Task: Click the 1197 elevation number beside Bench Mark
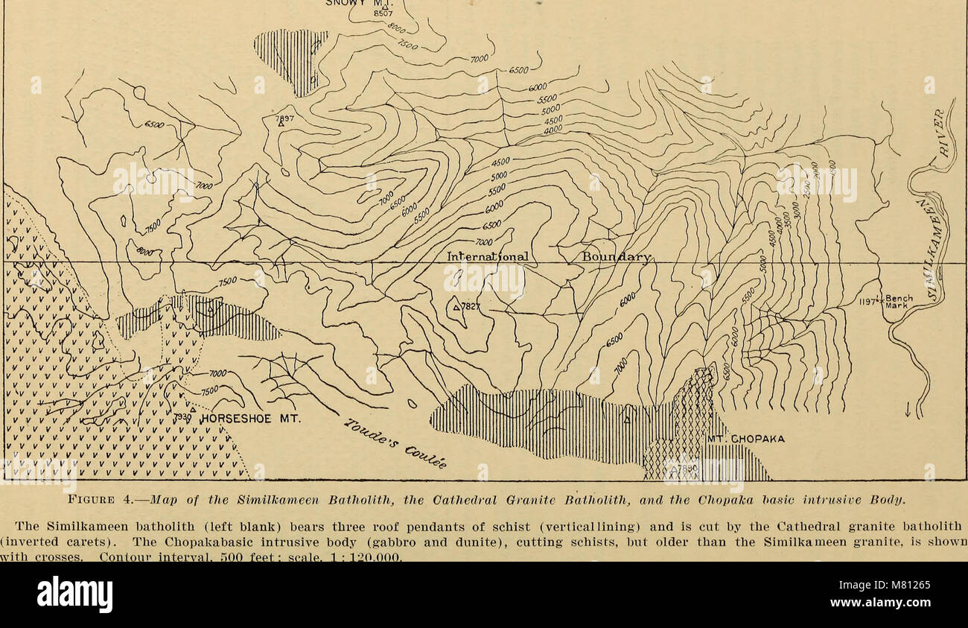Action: [x=867, y=301]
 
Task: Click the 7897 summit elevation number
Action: [x=284, y=118]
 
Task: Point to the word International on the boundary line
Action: [x=488, y=257]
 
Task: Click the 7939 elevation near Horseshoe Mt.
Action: [x=182, y=419]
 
